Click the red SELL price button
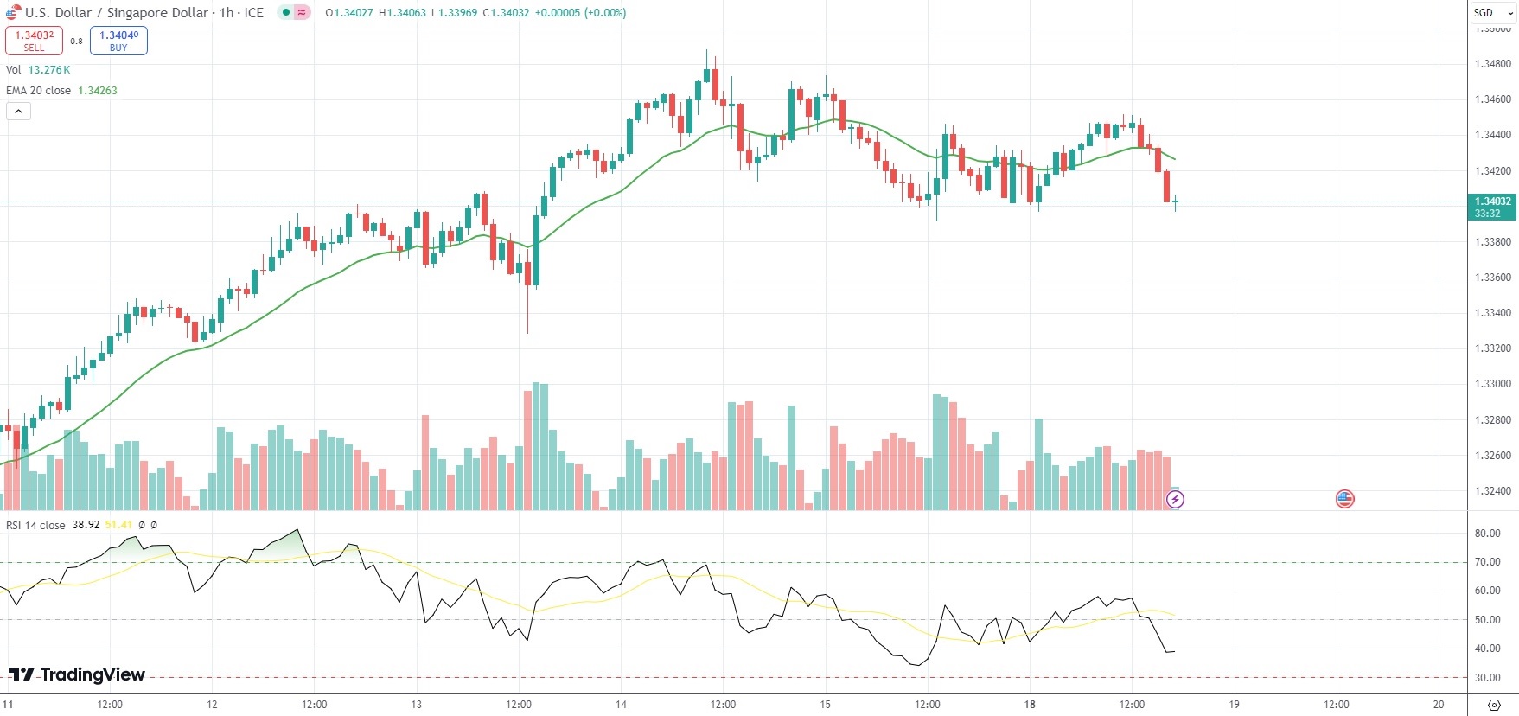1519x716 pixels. click(34, 41)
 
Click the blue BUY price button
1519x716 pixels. click(118, 41)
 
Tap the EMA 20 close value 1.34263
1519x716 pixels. click(98, 91)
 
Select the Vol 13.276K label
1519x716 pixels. click(38, 70)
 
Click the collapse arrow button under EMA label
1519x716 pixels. click(18, 112)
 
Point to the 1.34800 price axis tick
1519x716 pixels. click(1492, 64)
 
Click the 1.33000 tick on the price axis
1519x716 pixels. click(1492, 384)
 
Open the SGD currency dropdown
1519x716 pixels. click(1492, 13)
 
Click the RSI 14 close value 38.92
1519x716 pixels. click(86, 525)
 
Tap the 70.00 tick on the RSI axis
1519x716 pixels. click(1487, 562)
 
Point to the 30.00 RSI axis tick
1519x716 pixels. click(1487, 678)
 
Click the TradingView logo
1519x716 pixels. click(77, 674)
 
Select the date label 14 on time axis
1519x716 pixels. click(621, 705)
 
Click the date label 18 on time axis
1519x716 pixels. click(1030, 705)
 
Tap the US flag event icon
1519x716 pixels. click(1344, 499)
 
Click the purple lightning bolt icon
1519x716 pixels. click(1175, 499)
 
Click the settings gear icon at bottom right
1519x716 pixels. click(1494, 705)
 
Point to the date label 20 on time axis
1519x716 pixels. click(1439, 705)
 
